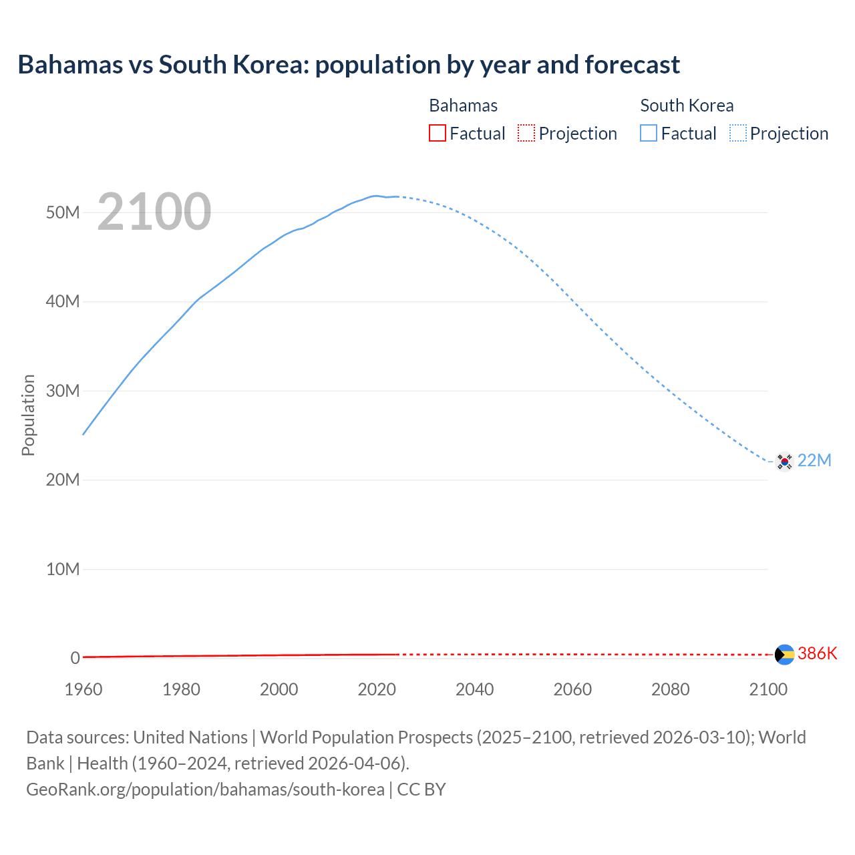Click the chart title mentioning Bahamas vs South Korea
coord(348,65)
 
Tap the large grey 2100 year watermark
coord(154,212)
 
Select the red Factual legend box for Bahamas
coord(437,134)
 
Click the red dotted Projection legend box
coord(526,134)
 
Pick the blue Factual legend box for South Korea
coord(649,134)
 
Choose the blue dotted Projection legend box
coord(737,134)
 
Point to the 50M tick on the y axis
coord(63,212)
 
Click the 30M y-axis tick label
coord(63,391)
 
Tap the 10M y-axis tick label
coord(63,569)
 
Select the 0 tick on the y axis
coord(75,658)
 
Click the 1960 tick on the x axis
coord(83,689)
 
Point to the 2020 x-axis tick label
coord(377,689)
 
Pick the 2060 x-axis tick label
coord(572,689)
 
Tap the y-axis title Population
coord(28,415)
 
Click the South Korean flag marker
coord(784,461)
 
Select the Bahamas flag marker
coord(784,655)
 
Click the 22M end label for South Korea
coord(814,461)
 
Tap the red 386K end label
coord(817,653)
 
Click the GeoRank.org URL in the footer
coord(205,789)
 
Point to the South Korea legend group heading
coord(687,106)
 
